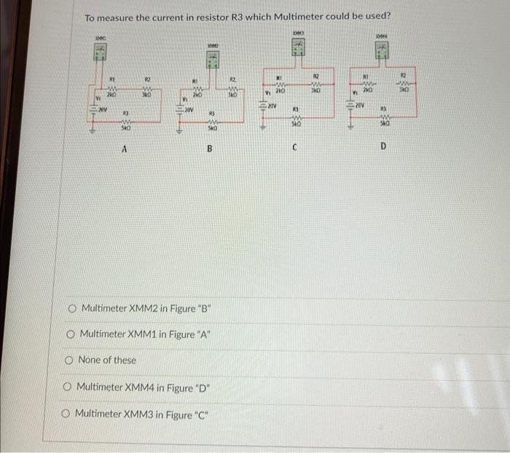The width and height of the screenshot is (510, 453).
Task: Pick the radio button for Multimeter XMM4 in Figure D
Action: click(x=68, y=387)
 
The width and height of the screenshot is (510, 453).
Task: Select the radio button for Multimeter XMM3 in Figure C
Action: click(x=67, y=414)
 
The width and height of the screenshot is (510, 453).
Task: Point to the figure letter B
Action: click(x=209, y=150)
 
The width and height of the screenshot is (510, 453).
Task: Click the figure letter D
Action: click(x=383, y=146)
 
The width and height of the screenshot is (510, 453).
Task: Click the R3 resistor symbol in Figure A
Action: click(x=125, y=122)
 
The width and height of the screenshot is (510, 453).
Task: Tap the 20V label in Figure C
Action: click(x=272, y=106)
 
